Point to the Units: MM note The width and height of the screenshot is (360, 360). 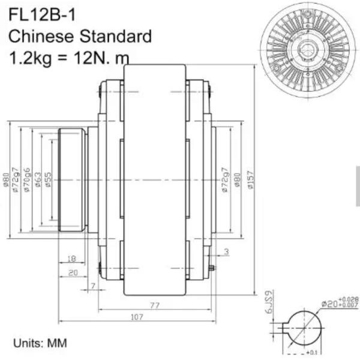coord(40,343)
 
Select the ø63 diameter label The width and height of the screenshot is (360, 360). coord(37,180)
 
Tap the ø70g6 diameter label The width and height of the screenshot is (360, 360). coord(26,180)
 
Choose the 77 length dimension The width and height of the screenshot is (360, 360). coord(155,305)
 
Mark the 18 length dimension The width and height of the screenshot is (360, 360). coord(71,259)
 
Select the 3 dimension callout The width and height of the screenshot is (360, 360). coord(226,252)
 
